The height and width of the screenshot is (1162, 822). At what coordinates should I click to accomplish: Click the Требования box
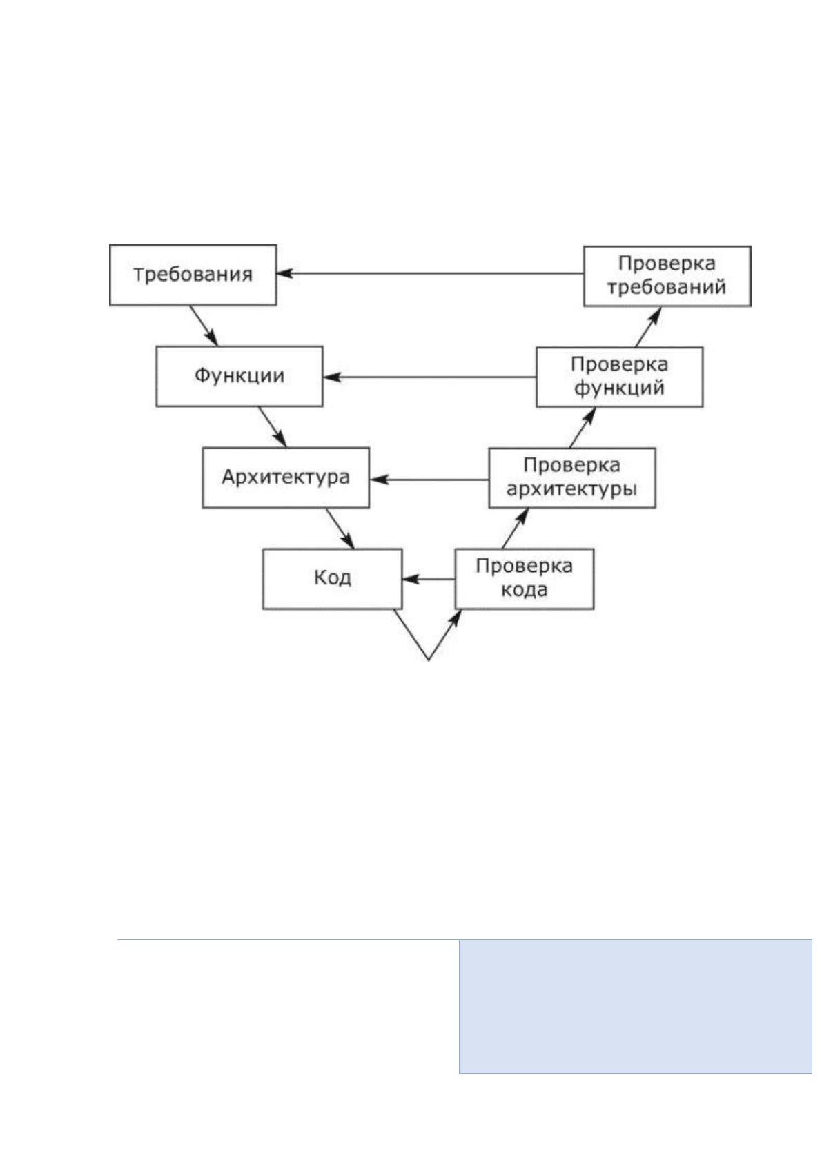193,275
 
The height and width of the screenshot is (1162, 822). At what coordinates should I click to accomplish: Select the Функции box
239,376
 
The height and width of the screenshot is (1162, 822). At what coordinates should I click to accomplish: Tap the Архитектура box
286,477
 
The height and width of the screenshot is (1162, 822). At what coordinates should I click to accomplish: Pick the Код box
333,578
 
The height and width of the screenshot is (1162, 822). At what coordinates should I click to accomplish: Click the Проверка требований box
667,276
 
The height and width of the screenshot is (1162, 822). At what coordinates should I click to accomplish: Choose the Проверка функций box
620,377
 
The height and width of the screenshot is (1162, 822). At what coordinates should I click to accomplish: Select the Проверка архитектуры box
572,477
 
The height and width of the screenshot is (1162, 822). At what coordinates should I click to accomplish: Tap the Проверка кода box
525,579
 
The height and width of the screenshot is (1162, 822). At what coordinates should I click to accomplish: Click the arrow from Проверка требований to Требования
430,273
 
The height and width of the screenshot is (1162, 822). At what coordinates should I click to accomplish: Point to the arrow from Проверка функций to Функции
430,377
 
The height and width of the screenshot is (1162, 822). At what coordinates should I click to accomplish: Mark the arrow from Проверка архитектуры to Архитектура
429,480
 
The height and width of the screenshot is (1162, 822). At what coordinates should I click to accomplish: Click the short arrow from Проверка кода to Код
429,579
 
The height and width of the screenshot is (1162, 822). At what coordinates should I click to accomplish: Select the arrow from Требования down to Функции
204,326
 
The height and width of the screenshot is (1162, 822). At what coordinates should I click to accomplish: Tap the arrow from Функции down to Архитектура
273,427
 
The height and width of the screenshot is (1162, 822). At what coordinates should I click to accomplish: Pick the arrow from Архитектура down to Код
340,528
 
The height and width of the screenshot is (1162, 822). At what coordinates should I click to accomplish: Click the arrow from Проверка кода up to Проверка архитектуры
516,528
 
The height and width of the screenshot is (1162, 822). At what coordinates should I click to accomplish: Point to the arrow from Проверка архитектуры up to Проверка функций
583,427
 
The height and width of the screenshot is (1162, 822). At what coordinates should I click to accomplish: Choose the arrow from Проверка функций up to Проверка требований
649,327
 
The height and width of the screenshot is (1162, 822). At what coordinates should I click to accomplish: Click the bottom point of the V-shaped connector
429,660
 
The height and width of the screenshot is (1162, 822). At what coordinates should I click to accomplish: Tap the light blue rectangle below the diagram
635,1006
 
